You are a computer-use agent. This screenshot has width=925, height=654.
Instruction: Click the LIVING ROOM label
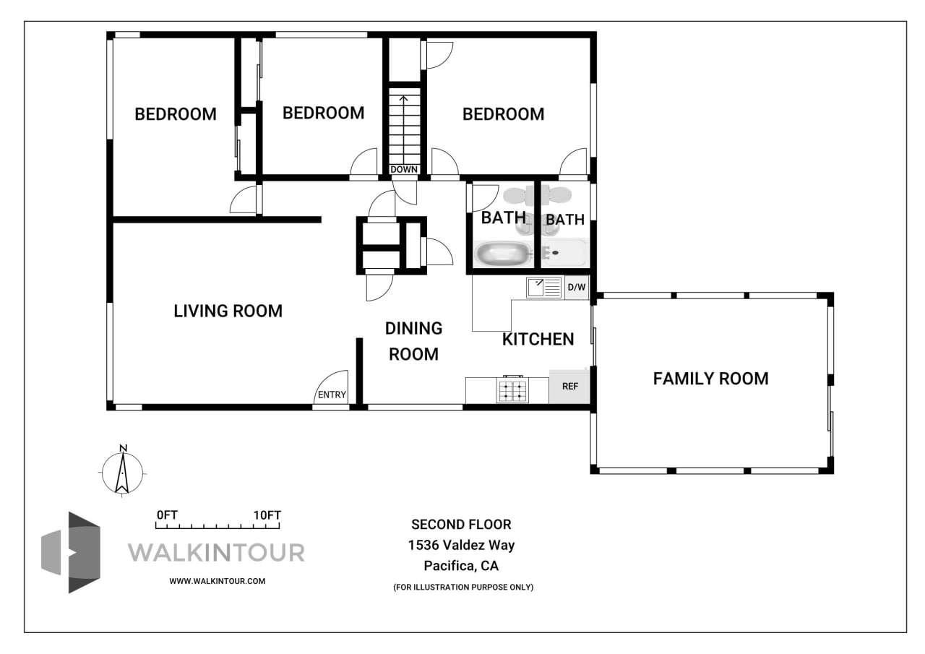tap(228, 311)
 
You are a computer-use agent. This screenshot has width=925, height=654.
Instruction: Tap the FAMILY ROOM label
tap(710, 378)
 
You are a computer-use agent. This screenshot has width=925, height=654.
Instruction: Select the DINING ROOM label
tap(413, 341)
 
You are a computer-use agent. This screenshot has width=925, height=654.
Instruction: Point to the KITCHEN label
tap(538, 339)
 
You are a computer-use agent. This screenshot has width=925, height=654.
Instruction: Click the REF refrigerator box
tap(569, 387)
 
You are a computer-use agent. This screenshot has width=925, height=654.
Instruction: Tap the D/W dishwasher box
tap(576, 288)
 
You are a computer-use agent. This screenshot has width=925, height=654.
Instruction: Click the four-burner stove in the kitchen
tap(512, 390)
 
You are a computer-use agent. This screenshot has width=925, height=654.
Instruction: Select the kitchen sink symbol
tap(544, 288)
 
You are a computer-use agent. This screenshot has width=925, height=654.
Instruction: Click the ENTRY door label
tap(332, 395)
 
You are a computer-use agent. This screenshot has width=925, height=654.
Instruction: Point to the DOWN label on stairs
tap(403, 170)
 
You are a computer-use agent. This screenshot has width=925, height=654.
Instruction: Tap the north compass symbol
tap(123, 471)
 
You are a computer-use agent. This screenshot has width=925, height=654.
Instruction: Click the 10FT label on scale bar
tap(267, 515)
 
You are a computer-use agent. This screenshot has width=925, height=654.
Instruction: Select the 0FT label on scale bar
tap(167, 515)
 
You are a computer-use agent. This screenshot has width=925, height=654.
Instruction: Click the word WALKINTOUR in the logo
tap(216, 553)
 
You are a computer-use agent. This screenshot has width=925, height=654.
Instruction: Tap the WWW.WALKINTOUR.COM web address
tap(217, 581)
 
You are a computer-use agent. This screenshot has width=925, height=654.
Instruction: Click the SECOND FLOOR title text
tap(461, 525)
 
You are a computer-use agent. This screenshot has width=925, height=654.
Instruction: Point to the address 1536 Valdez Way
tap(461, 546)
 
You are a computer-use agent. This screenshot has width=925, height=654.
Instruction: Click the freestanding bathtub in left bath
tap(503, 254)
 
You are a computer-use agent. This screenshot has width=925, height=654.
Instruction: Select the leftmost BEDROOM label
tap(176, 114)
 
